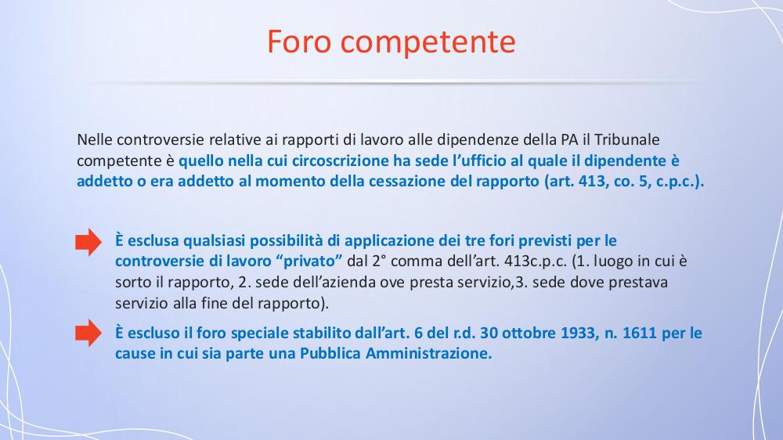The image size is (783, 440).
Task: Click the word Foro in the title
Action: pyautogui.click(x=299, y=41)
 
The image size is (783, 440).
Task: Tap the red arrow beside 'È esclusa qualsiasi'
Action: pyautogui.click(x=88, y=242)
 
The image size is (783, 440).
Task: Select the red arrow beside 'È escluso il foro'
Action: pyautogui.click(x=88, y=333)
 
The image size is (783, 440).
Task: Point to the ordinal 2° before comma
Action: pyautogui.click(x=380, y=261)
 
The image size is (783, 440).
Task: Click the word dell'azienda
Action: pyautogui.click(x=314, y=283)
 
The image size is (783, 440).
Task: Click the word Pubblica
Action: pyautogui.click(x=330, y=354)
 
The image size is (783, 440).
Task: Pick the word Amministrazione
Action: pyautogui.click(x=429, y=354)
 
